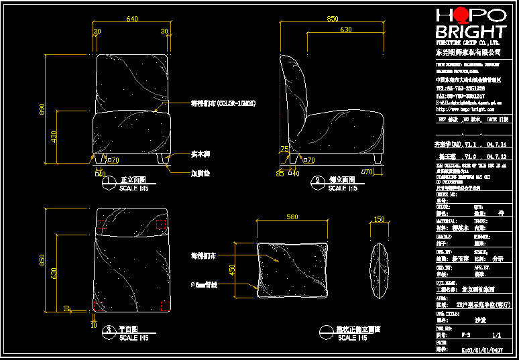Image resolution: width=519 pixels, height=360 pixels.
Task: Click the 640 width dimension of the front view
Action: click(x=132, y=19)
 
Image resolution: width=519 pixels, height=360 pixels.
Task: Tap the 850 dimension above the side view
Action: click(x=332, y=19)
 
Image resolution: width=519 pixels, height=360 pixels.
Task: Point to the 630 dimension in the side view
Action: click(x=345, y=30)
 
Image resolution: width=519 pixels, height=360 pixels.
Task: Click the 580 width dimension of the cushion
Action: click(x=292, y=217)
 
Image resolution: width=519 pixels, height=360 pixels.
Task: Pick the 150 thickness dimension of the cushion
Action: click(x=380, y=219)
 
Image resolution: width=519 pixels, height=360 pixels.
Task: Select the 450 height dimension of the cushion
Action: click(x=233, y=269)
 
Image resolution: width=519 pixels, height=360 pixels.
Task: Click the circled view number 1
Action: click(x=109, y=181)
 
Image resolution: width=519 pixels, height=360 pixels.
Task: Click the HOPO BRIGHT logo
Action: click(x=470, y=25)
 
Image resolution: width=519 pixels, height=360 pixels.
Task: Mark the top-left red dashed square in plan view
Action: click(x=103, y=223)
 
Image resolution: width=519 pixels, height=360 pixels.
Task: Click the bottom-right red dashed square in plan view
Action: click(x=164, y=306)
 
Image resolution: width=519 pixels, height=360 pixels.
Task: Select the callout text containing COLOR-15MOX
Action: click(x=223, y=103)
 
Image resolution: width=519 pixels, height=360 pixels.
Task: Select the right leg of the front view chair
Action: click(x=160, y=160)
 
